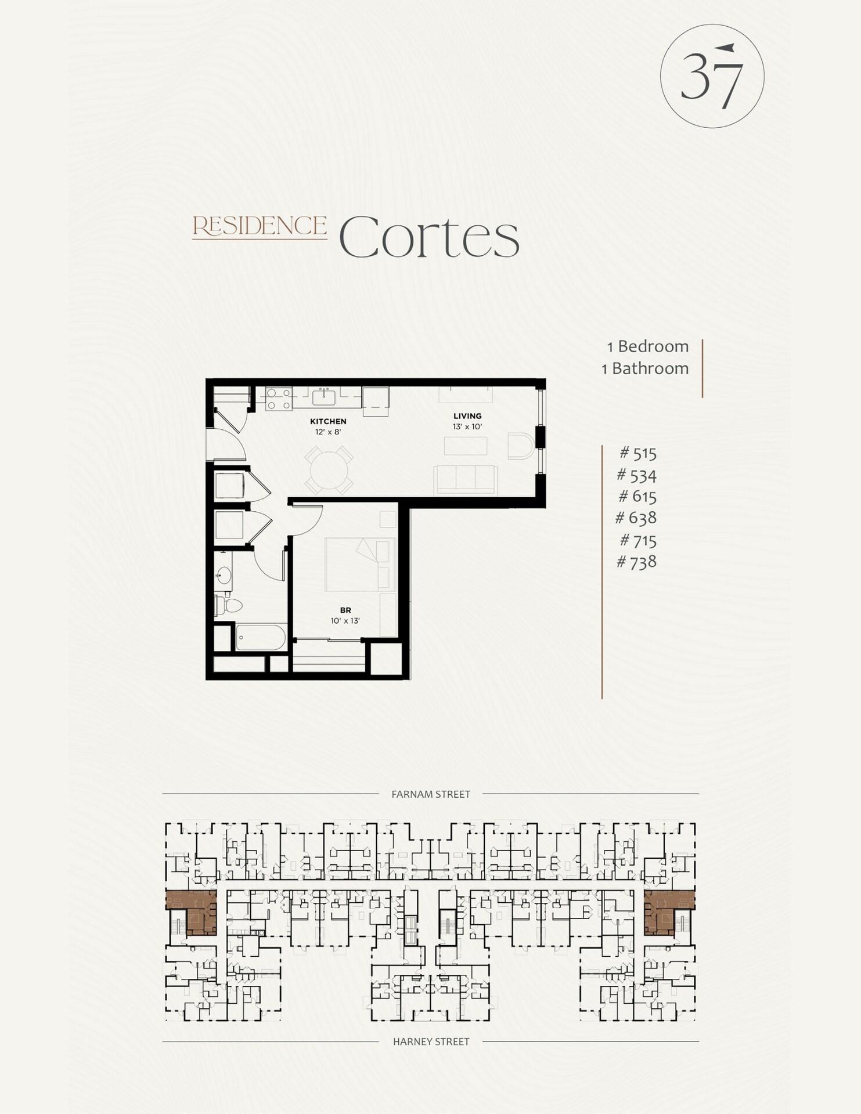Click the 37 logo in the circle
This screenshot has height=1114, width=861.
tap(712, 76)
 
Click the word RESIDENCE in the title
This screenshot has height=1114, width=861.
tap(260, 226)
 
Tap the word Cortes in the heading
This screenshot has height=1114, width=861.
tap(428, 237)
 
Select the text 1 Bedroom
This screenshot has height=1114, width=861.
tap(647, 346)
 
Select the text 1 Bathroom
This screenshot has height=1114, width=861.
tap(644, 368)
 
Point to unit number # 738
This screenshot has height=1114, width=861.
tap(636, 562)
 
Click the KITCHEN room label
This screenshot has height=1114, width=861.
tap(328, 421)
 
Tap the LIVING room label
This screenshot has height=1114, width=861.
tap(467, 415)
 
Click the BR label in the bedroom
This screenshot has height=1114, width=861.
tap(345, 610)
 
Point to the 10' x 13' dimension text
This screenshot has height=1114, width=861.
tap(345, 621)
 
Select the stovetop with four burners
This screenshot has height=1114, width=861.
tap(279, 398)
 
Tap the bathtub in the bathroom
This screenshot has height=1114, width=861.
tap(261, 637)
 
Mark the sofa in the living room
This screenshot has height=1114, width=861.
tap(466, 479)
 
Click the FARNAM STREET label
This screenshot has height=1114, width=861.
tap(430, 794)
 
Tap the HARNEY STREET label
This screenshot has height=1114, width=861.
tap(431, 1041)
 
